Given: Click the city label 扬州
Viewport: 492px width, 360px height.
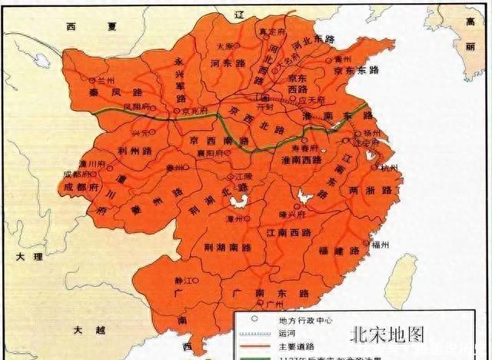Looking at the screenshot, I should click(x=374, y=132).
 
